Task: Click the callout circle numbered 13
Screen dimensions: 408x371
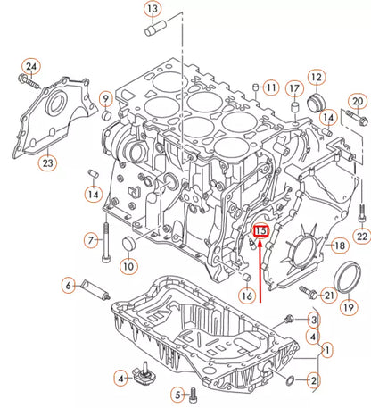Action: click(153, 12)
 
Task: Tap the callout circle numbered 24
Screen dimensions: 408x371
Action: click(31, 67)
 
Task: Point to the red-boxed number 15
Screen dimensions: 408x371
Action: click(260, 231)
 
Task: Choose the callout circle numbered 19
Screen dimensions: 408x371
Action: click(348, 306)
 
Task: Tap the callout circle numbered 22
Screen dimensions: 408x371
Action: click(361, 236)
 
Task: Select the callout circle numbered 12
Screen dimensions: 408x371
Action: click(316, 78)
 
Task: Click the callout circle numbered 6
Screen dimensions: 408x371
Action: click(68, 286)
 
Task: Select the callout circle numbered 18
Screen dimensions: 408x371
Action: click(339, 245)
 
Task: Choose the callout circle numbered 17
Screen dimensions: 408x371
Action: click(293, 87)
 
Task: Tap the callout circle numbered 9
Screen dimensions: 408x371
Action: click(105, 98)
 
